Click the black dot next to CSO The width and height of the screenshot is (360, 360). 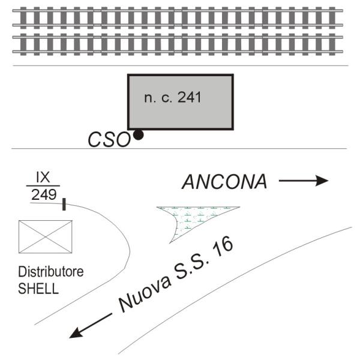tap(139, 135)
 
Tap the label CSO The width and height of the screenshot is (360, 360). tap(109, 140)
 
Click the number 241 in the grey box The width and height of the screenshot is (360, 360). tap(190, 97)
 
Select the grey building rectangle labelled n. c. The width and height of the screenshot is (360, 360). tap(181, 102)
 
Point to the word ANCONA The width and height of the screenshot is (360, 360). tap(224, 182)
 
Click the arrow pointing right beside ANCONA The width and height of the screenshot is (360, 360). tap(304, 181)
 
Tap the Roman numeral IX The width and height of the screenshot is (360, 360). tap(43, 177)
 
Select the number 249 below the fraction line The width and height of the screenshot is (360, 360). tap(44, 194)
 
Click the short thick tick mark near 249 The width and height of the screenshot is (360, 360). tap(64, 205)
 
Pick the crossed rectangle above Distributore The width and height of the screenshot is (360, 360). tap(46, 237)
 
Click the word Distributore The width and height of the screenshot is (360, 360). tap(51, 272)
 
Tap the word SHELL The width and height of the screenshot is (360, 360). tap(38, 289)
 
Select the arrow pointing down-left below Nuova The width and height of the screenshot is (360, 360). tap(91, 326)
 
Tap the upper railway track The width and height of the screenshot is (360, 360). tap(178, 18)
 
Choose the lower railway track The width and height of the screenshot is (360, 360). tap(178, 44)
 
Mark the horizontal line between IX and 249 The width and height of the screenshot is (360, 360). tap(43, 185)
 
